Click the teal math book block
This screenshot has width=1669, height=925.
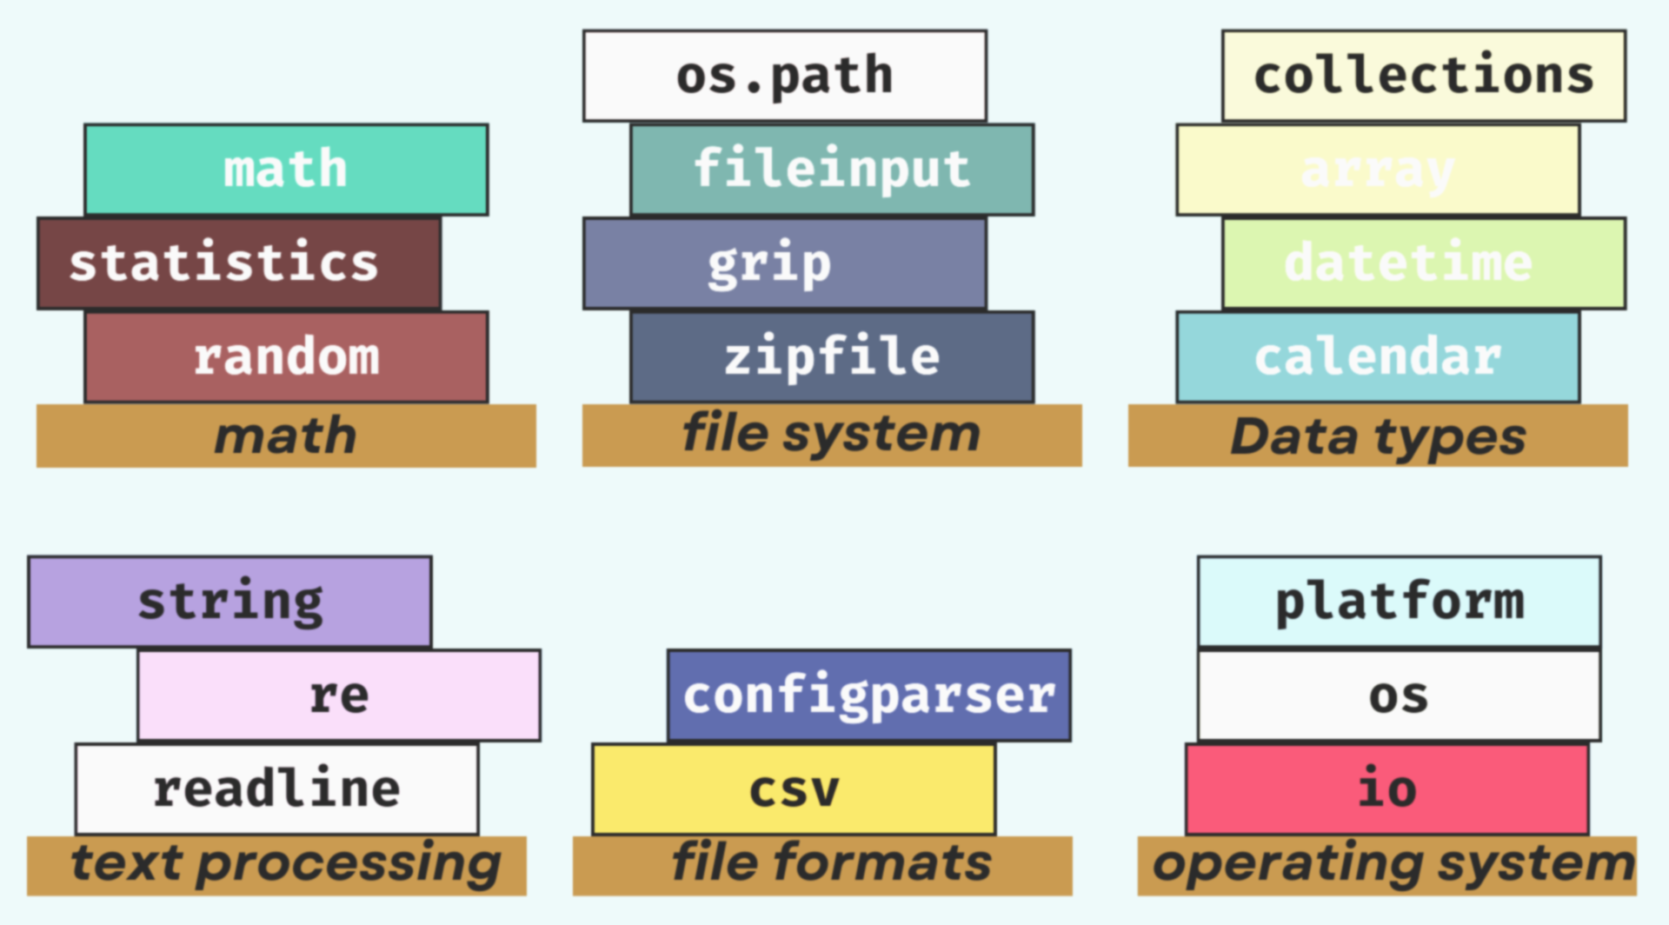[x=286, y=170]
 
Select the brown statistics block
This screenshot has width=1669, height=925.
[x=239, y=263]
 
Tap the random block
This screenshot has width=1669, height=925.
[x=286, y=357]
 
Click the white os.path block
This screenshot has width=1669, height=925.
[x=784, y=76]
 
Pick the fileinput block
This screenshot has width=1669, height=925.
[x=832, y=170]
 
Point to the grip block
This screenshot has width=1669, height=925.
[x=784, y=263]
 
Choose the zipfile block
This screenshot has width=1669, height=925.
[x=832, y=357]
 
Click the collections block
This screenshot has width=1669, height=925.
[x=1423, y=76]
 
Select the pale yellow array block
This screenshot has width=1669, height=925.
[x=1377, y=170]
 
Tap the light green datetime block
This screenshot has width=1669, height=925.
[x=1423, y=263]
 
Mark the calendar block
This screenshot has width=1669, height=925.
[x=1377, y=357]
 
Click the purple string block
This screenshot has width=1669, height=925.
[x=229, y=602]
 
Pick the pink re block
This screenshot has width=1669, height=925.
[x=339, y=695]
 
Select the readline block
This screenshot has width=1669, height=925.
[x=276, y=789]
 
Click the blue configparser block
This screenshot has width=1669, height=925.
[x=868, y=695]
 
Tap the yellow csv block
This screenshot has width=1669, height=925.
[x=794, y=789]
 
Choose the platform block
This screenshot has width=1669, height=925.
[x=1399, y=602]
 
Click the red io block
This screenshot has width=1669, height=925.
[x=1386, y=789]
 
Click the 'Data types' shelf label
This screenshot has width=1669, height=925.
[x=1377, y=436]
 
